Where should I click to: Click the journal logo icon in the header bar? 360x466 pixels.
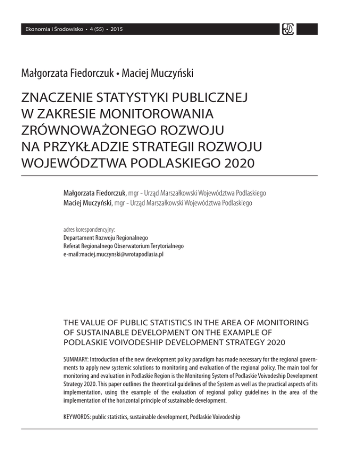point(287,29)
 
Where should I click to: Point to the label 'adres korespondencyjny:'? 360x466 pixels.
point(89,230)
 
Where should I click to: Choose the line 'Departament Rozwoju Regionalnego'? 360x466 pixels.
point(100,238)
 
